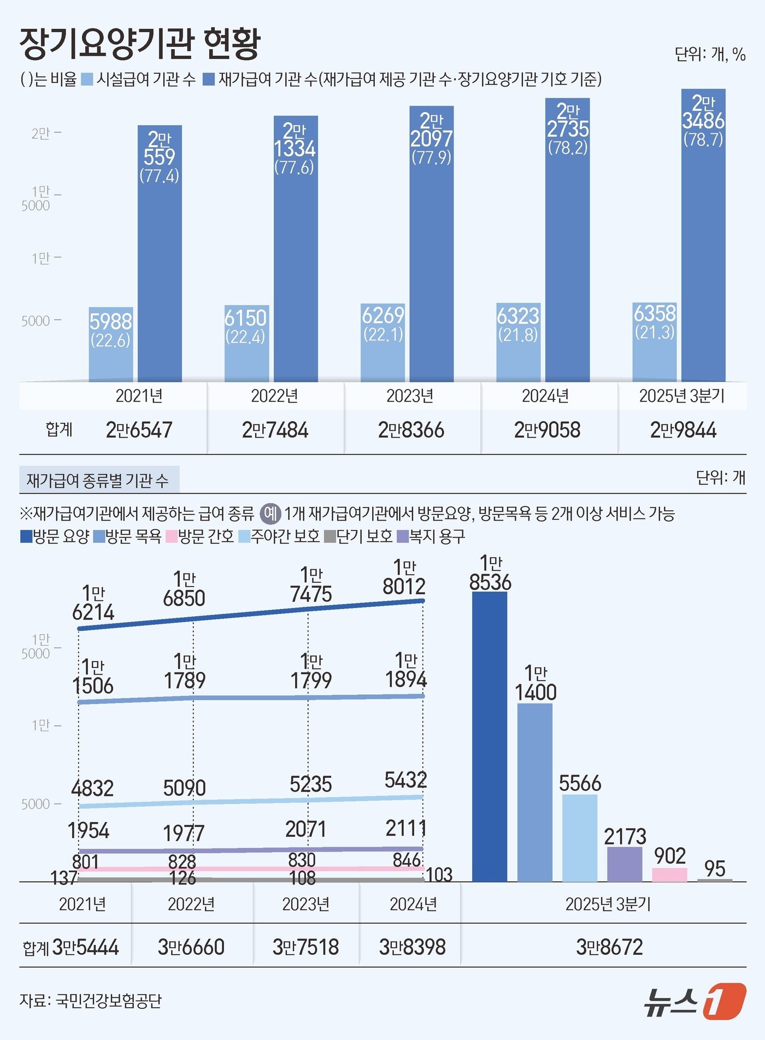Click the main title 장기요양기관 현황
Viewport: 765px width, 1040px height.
(x=140, y=43)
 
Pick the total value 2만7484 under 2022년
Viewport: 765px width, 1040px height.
(x=275, y=430)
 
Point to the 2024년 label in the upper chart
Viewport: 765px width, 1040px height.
(x=545, y=396)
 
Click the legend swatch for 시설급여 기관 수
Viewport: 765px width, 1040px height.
(x=87, y=80)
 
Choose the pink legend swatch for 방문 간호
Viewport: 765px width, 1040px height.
(x=171, y=536)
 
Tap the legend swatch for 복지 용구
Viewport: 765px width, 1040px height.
(x=403, y=536)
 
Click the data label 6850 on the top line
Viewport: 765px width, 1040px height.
(x=184, y=598)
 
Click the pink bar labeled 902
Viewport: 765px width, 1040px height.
(x=669, y=874)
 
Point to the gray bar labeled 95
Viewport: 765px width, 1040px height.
(x=715, y=880)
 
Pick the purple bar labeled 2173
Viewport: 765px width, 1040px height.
(x=625, y=864)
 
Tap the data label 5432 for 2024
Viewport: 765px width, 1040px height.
(x=405, y=780)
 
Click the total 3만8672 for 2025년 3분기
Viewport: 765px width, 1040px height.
(x=609, y=947)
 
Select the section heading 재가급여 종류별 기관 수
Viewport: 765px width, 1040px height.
(x=98, y=481)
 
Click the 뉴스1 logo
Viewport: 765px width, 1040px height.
(x=694, y=1001)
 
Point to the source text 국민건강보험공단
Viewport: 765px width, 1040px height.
(x=109, y=1001)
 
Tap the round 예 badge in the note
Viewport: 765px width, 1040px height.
(x=270, y=513)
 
